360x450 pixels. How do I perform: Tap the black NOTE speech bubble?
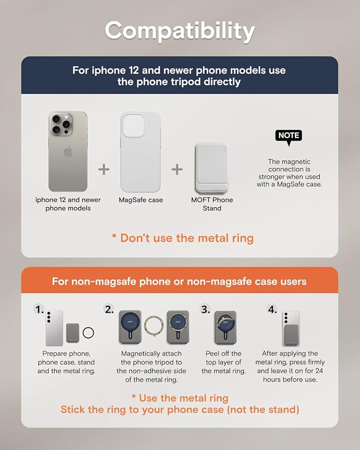tap(289, 136)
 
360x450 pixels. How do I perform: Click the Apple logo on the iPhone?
tap(68, 151)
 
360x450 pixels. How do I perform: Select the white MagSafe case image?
tap(141, 152)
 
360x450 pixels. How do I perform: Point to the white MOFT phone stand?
tap(212, 169)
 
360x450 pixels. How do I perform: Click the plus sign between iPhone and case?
tap(103, 169)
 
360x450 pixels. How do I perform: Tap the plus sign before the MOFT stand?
tap(177, 169)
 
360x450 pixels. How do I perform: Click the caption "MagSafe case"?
tap(141, 200)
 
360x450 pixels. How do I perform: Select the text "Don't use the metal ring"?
tap(187, 238)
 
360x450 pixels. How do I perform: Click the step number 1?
tap(39, 310)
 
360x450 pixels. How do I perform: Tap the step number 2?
tap(109, 310)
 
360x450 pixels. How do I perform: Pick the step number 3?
tap(205, 310)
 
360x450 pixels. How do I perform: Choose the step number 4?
tap(273, 310)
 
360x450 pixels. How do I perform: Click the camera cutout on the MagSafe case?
tap(133, 125)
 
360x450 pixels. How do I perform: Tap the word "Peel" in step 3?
tap(212, 354)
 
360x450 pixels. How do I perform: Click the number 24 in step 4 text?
tap(319, 371)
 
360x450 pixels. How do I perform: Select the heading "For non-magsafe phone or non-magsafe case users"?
tap(179, 281)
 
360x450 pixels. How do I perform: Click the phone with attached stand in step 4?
tap(291, 328)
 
